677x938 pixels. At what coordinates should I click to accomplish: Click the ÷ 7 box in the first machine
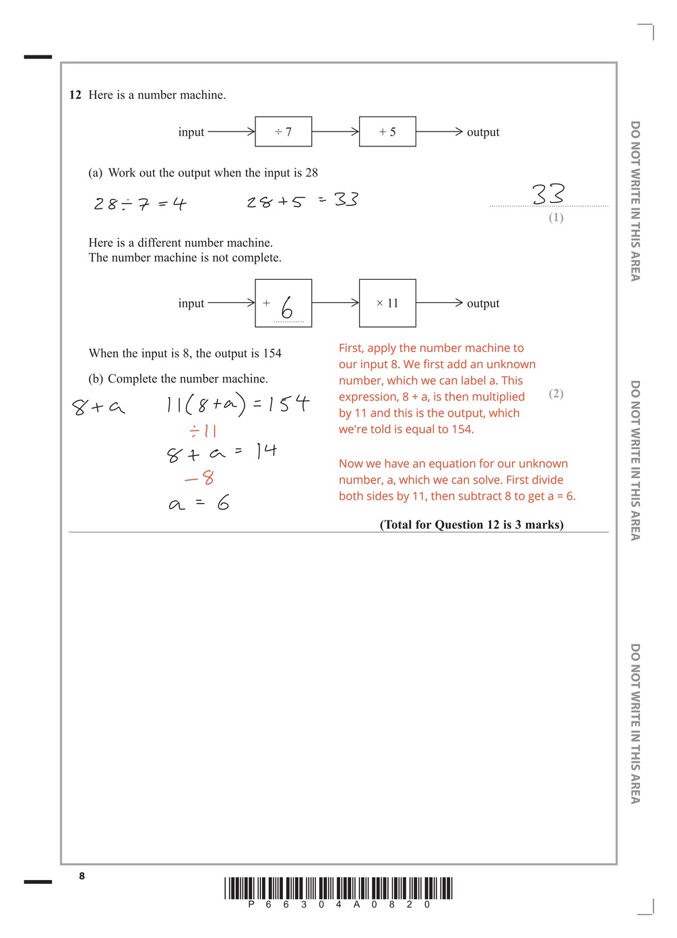[x=283, y=131]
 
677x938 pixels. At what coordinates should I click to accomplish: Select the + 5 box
[x=387, y=131]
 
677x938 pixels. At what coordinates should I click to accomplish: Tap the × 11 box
[x=387, y=303]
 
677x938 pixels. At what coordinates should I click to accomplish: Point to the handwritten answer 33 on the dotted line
[x=548, y=194]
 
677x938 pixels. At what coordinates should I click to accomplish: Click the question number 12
[x=75, y=95]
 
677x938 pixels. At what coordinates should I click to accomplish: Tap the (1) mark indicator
[x=556, y=217]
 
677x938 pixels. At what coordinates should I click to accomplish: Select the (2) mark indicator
[x=556, y=393]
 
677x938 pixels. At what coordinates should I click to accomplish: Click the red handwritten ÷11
[x=203, y=431]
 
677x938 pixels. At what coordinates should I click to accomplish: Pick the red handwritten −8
[x=199, y=478]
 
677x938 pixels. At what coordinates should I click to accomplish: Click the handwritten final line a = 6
[x=199, y=503]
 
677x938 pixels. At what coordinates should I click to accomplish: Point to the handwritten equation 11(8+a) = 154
[x=237, y=404]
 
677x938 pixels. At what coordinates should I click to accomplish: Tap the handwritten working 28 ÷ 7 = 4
[x=139, y=204]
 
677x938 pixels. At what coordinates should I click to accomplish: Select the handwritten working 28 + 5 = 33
[x=302, y=200]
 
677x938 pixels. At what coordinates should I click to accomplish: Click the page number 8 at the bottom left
[x=82, y=876]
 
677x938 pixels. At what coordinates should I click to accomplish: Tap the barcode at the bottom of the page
[x=338, y=888]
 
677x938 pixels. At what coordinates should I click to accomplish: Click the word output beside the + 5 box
[x=483, y=132]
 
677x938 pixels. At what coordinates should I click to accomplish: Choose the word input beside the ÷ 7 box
[x=191, y=132]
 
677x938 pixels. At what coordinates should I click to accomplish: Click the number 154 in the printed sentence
[x=272, y=353]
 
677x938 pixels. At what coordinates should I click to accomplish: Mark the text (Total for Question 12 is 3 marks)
[x=472, y=525]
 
